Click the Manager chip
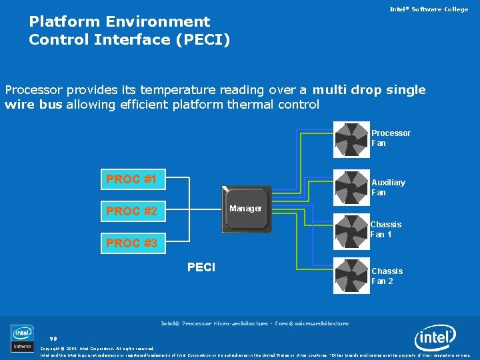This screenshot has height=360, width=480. [246, 209]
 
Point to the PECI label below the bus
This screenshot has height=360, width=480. [201, 267]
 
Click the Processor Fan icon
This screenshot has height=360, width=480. [352, 139]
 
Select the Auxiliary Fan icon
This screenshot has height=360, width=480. [352, 187]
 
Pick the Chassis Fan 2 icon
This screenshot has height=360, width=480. [352, 275]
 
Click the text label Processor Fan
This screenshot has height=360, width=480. [391, 138]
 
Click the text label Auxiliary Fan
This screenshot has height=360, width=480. [388, 187]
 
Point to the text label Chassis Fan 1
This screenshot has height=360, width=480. [386, 230]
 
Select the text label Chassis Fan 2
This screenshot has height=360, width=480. [387, 276]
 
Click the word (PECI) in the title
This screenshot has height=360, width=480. [202, 39]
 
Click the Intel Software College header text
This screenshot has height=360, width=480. [429, 9]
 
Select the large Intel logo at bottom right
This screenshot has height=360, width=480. [435, 338]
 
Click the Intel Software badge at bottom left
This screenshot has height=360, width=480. [22, 338]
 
